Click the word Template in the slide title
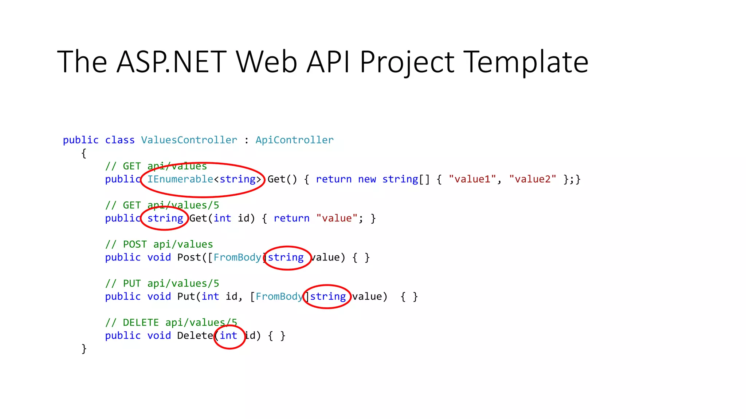pos(527,62)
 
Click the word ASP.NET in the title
pos(172,62)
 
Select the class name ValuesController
pos(189,140)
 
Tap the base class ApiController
pos(294,140)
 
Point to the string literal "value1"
pos(472,179)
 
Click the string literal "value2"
pos(533,179)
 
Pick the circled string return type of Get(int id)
pos(165,218)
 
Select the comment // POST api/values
pos(159,244)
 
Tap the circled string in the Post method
pos(286,258)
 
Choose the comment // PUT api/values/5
pos(162,284)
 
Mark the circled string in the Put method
pos(328,296)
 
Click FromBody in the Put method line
pos(279,296)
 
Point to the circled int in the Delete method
pos(228,336)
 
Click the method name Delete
pos(195,336)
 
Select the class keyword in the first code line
pos(120,140)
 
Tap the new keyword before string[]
pos(367,179)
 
